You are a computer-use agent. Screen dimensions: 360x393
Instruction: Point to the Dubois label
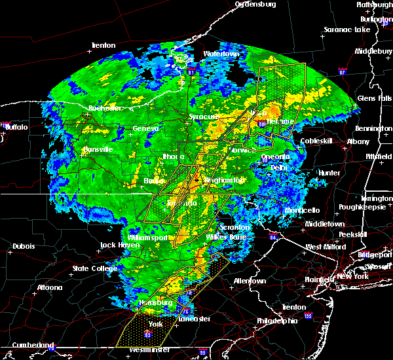tap(24, 246)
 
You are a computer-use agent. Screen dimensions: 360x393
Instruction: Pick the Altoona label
tap(49, 287)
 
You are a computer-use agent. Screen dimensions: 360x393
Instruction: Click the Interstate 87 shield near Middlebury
tap(343, 71)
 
